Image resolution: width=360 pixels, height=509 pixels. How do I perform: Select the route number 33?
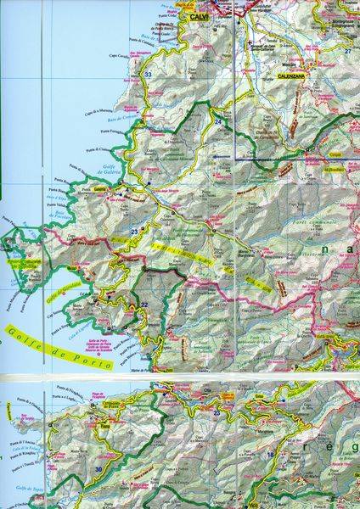click(x=149, y=76)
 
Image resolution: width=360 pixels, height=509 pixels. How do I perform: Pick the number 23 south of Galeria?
click(x=134, y=230)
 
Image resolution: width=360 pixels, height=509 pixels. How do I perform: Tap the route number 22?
click(x=144, y=305)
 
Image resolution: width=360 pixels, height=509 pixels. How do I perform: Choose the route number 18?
click(x=270, y=456)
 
